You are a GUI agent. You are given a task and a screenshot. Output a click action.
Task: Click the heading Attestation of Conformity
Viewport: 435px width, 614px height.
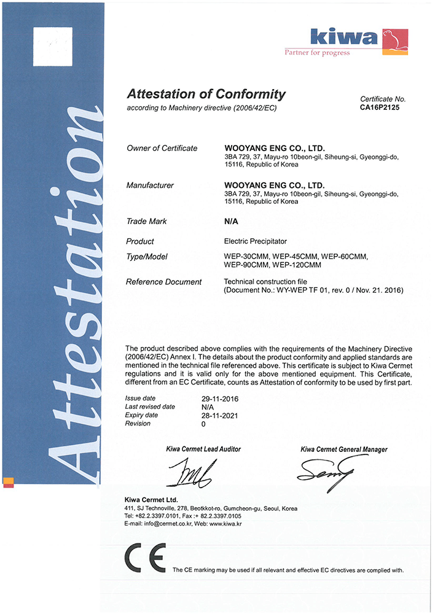(206, 94)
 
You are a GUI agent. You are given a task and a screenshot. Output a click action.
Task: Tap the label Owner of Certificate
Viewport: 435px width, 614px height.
(162, 148)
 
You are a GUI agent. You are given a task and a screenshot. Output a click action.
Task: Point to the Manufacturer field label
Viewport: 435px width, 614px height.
(149, 185)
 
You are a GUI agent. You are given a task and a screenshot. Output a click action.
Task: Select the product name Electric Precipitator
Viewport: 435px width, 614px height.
(259, 241)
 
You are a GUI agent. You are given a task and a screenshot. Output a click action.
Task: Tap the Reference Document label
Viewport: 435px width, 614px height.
(163, 282)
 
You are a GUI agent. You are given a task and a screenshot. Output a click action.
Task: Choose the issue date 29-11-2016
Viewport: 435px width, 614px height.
(219, 399)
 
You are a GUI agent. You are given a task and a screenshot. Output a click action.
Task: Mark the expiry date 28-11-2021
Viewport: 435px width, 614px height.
(219, 416)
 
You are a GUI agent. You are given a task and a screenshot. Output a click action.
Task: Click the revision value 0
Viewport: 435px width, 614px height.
(203, 424)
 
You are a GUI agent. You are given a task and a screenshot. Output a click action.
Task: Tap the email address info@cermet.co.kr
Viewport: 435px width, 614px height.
(169, 524)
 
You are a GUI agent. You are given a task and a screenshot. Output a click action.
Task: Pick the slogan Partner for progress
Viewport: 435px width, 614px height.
(317, 53)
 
